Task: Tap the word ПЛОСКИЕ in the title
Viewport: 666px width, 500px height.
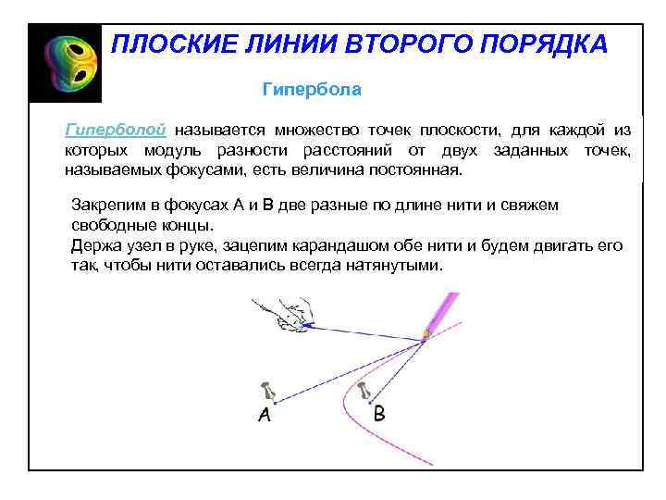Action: click(x=166, y=44)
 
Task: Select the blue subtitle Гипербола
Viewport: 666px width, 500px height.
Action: click(x=312, y=90)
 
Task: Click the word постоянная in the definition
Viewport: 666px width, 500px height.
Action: click(x=415, y=171)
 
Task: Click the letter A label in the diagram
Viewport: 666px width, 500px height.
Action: click(x=265, y=415)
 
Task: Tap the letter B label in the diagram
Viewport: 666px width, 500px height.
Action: click(x=378, y=413)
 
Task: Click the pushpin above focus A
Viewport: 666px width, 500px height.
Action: click(x=269, y=391)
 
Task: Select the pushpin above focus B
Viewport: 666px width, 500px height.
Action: click(x=365, y=389)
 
